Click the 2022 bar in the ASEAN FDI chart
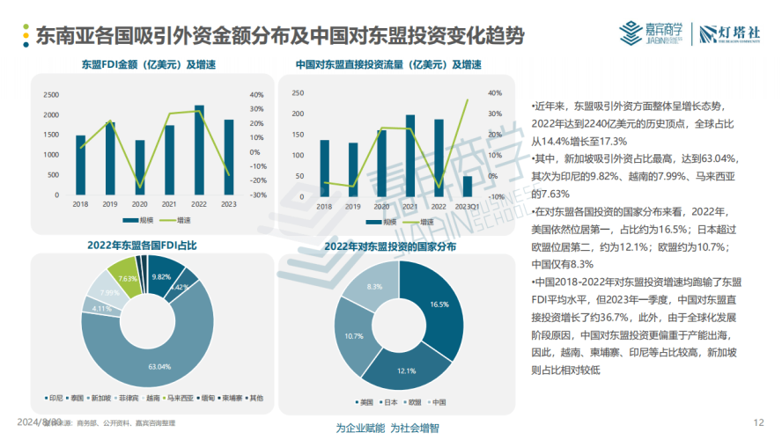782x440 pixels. coord(199,150)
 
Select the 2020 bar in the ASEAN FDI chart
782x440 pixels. coord(139,167)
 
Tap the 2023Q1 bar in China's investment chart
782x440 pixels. coord(468,185)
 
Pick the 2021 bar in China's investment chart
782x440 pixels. coord(410,155)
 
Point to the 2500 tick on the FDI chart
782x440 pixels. coord(52,95)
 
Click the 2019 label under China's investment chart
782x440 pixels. coord(353,207)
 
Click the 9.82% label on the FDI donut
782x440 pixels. coord(161,276)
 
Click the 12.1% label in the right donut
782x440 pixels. coord(405,371)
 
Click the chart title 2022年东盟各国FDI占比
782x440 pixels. coord(141,245)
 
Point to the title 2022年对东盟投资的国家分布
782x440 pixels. coord(392,247)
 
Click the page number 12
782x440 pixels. coord(759,422)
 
